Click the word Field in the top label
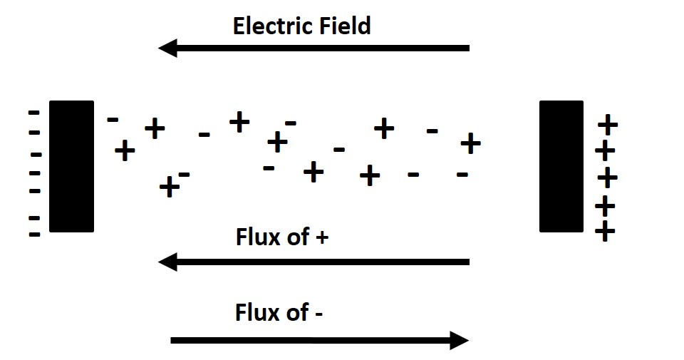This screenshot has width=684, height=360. click(343, 26)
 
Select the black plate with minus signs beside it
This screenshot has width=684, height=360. click(71, 166)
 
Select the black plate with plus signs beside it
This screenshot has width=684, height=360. click(561, 166)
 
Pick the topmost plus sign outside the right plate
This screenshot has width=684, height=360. click(607, 125)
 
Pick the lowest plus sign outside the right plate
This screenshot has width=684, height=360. click(605, 232)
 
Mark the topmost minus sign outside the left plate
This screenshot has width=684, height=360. click(33, 113)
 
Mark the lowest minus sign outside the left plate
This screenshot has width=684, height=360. click(33, 234)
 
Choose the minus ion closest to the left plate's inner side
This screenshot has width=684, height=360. click(113, 119)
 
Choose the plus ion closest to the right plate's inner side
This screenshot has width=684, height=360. click(470, 143)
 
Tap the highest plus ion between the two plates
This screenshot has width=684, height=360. click(239, 122)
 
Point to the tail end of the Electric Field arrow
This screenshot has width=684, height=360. click(467, 48)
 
